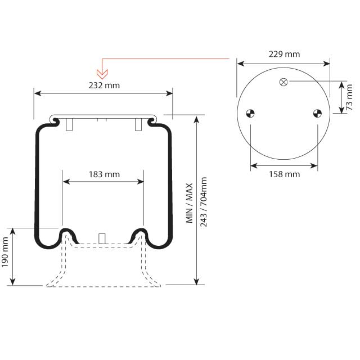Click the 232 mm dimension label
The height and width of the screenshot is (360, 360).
104,85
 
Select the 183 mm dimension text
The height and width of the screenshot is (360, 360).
104,174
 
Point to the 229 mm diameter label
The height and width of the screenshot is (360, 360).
284,55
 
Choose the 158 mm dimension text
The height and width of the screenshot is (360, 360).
284,174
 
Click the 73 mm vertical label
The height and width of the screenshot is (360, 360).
349,97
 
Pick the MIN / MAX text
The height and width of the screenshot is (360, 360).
190,203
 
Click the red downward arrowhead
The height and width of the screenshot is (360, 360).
102,74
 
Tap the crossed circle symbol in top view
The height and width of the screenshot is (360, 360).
283,82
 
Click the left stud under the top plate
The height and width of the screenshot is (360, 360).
69,125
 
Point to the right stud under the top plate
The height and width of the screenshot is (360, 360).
138,125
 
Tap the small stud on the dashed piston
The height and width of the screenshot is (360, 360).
102,238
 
